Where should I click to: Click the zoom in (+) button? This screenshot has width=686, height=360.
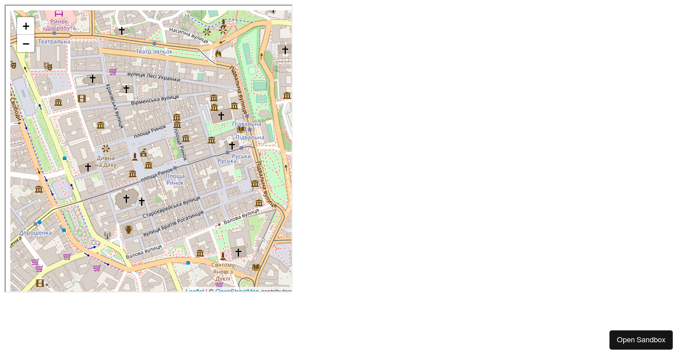coord(26,26)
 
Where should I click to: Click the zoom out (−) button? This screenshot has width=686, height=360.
coord(26,44)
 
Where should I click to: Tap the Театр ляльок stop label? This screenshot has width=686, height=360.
coord(154,51)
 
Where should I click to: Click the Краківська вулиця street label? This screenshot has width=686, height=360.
coord(114,106)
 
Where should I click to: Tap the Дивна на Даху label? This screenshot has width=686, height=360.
coord(105,161)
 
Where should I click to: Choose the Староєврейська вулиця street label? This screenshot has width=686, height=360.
coord(171,207)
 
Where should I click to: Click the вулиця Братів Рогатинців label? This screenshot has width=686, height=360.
coord(173,223)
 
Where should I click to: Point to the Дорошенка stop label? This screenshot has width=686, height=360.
coord(35,233)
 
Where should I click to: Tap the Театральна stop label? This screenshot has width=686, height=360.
coord(54,41)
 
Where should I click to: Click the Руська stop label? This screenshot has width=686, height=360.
coord(241,156)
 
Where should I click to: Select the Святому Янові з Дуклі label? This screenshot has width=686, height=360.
coord(223,269)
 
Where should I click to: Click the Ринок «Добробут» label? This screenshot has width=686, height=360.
coord(59,25)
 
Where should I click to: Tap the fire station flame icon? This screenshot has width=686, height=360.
coord(218,54)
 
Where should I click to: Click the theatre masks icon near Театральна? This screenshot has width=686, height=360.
coord(48,67)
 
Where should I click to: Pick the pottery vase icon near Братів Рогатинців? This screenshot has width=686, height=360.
coord(129,230)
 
